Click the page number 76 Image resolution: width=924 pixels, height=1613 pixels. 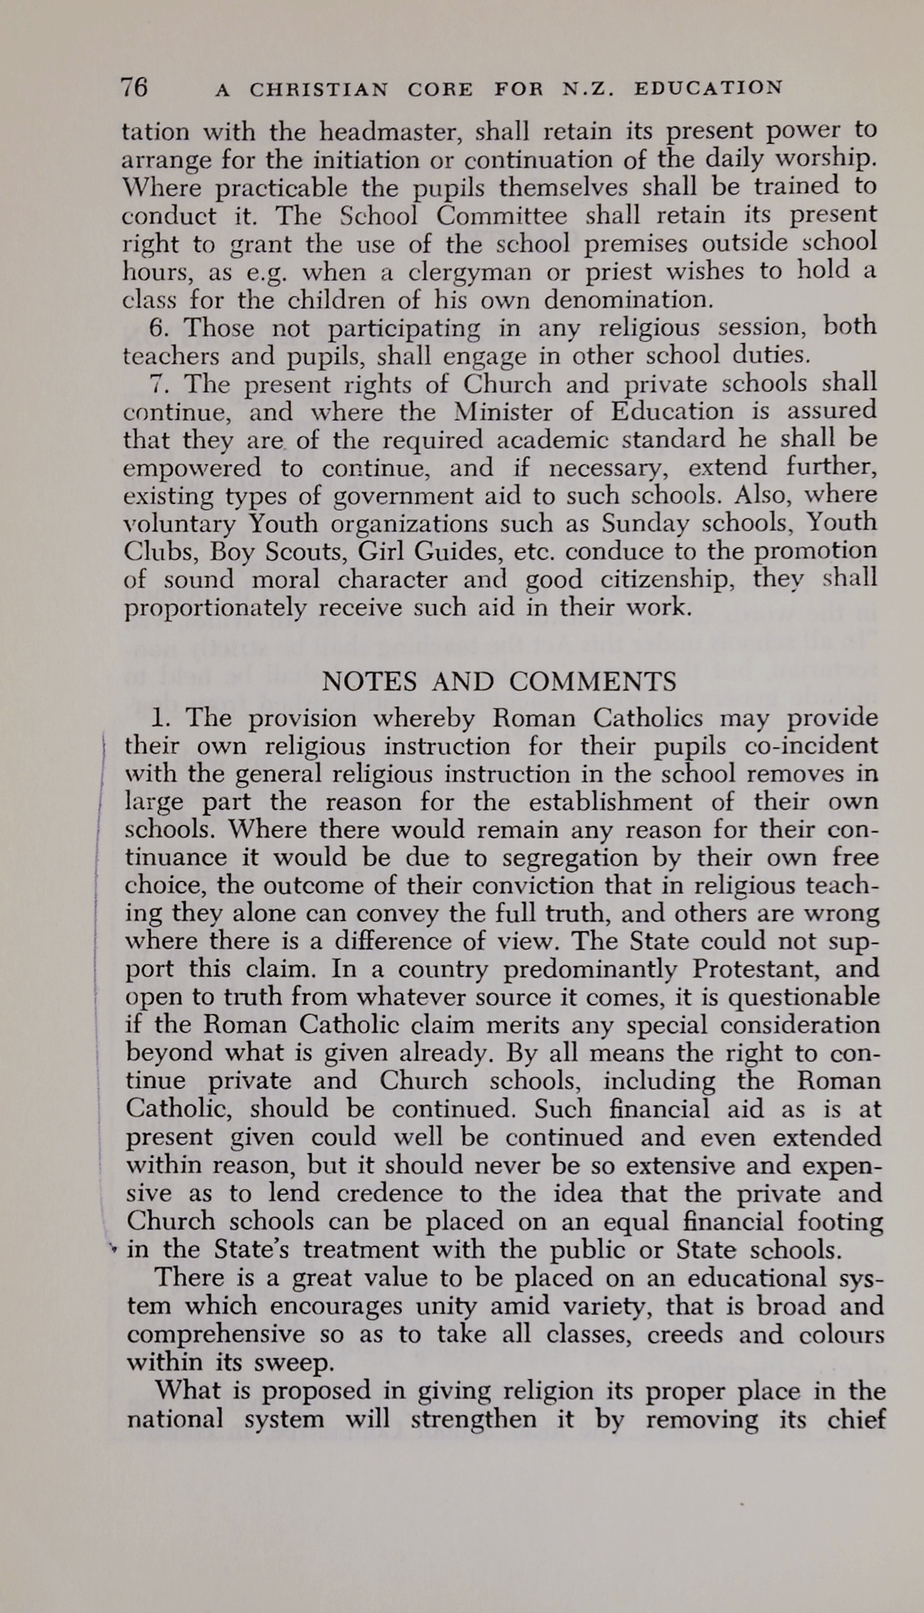click(134, 87)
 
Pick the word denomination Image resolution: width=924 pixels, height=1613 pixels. click(618, 300)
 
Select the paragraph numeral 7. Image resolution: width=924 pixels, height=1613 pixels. click(159, 384)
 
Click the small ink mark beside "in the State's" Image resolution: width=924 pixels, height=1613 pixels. click(113, 1249)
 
